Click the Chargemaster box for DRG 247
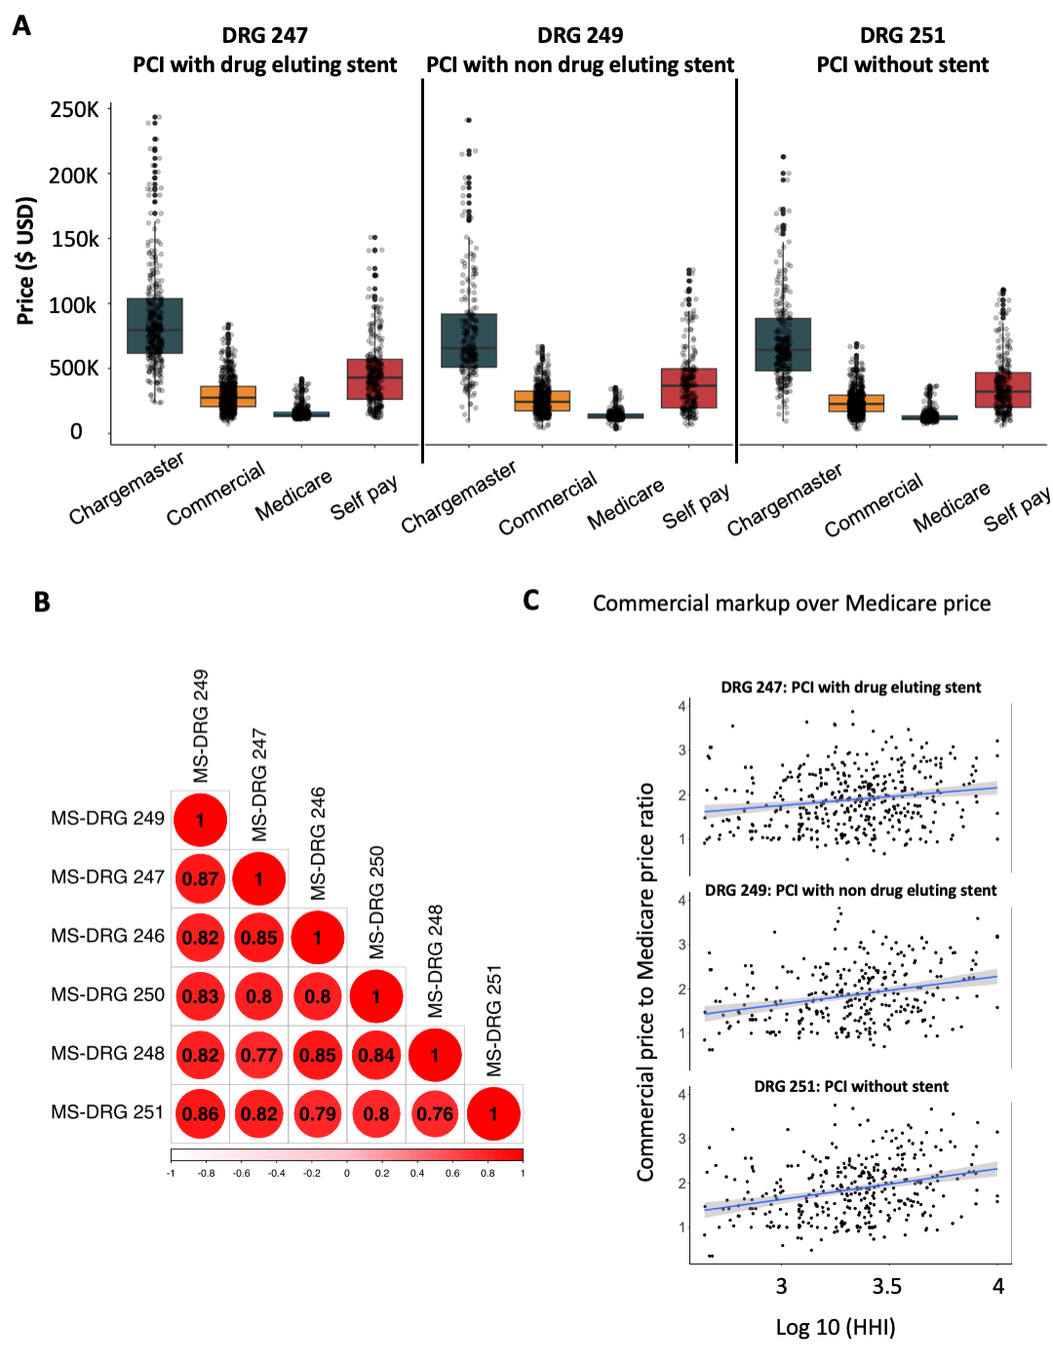(x=155, y=326)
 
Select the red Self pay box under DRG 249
(x=688, y=388)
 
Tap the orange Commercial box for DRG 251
(x=856, y=403)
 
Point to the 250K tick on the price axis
(x=74, y=109)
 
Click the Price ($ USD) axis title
(x=26, y=260)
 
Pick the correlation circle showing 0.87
(x=201, y=878)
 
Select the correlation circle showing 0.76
(x=435, y=1113)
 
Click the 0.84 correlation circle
(x=376, y=1055)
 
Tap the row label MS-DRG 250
(x=107, y=994)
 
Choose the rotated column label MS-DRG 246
(x=318, y=843)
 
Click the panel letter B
(x=42, y=602)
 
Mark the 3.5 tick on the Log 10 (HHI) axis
(x=886, y=1286)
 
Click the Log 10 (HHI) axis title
(x=836, y=1327)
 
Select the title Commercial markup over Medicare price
(x=791, y=604)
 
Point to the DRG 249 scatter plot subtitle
(x=850, y=890)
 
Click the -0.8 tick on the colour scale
(x=206, y=1173)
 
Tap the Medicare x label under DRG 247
(x=293, y=494)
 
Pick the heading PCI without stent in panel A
(x=902, y=65)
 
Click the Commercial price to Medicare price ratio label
(x=645, y=982)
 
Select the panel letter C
(x=530, y=600)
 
